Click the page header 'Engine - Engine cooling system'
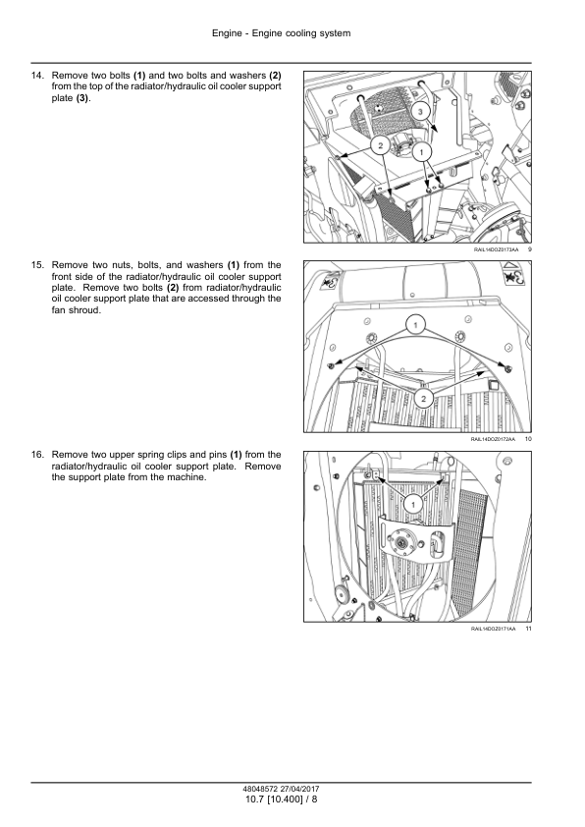[281, 33]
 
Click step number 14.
[37, 76]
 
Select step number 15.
[37, 265]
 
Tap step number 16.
[37, 455]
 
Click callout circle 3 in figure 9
[420, 112]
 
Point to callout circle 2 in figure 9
[381, 145]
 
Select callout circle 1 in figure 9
[421, 153]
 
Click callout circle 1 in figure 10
[415, 325]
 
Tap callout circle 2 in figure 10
[423, 398]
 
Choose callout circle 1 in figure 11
[413, 504]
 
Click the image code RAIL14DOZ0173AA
[496, 249]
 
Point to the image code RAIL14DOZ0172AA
[493, 439]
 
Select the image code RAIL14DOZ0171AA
[494, 629]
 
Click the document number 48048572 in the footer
[260, 789]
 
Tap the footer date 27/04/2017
[299, 789]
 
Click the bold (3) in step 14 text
[82, 98]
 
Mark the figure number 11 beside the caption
[529, 629]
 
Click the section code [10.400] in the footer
[285, 799]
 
